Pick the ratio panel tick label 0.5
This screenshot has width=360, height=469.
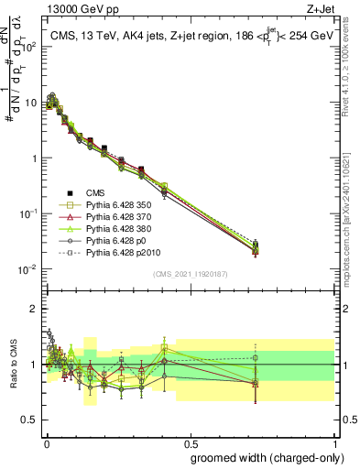coord(29,420)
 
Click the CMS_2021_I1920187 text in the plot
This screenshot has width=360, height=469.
coord(190,275)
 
